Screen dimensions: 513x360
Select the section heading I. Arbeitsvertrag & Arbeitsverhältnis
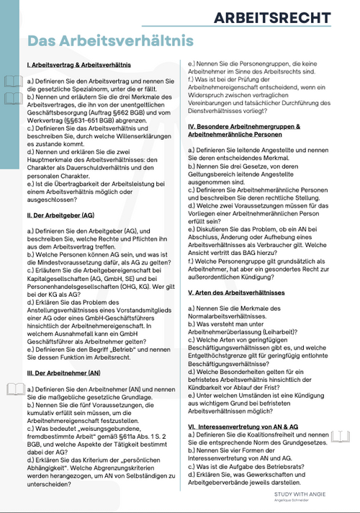[84, 66]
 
